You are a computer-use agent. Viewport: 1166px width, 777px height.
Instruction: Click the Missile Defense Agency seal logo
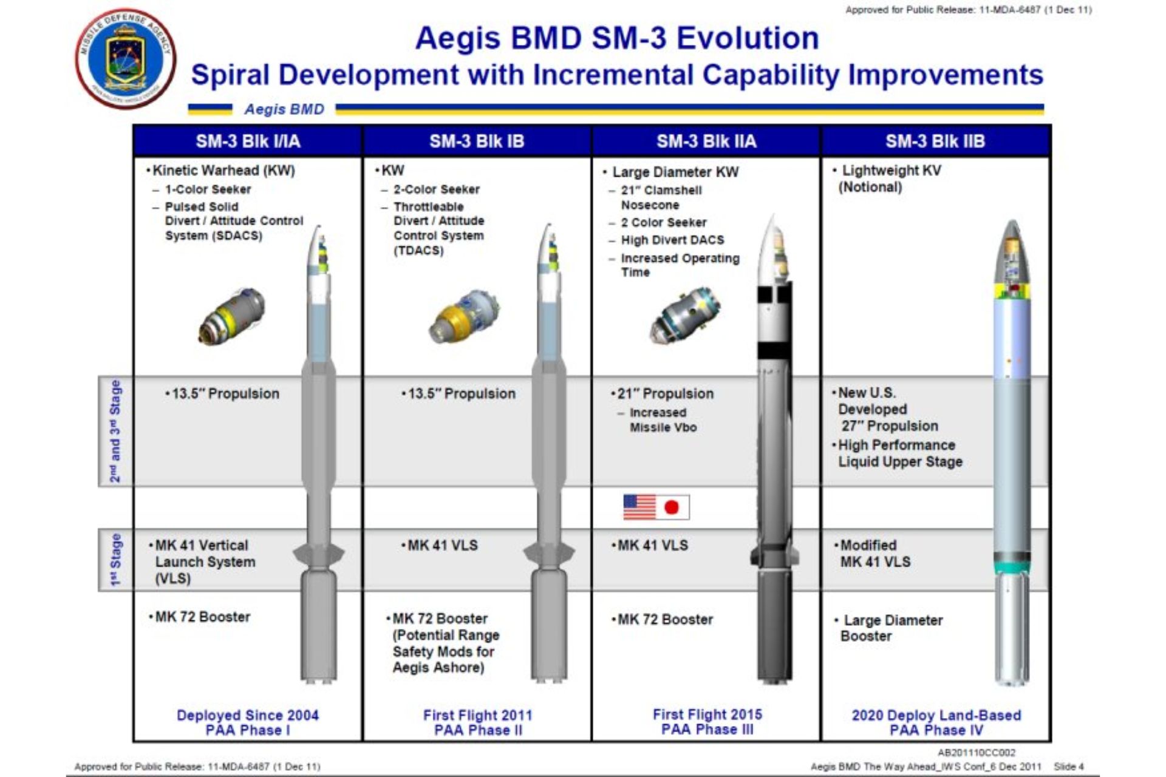(126, 59)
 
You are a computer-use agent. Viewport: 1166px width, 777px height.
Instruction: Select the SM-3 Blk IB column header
(477, 141)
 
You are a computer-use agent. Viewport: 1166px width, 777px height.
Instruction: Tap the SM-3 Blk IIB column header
(935, 141)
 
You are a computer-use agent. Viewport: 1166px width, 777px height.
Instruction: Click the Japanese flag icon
(673, 507)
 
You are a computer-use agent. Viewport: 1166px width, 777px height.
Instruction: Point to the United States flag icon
(639, 507)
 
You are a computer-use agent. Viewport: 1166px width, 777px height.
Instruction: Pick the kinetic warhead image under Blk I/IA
(231, 317)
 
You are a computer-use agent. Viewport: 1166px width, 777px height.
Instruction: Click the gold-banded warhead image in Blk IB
(465, 316)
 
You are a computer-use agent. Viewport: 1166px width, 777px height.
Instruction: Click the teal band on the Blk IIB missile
(1012, 568)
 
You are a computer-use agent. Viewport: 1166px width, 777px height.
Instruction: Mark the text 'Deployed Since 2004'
(248, 715)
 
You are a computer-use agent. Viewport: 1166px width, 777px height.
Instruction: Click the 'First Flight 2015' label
(707, 714)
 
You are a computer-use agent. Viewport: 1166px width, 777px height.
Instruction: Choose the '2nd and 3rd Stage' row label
(115, 432)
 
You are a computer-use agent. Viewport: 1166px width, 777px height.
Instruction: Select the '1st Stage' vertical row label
(115, 560)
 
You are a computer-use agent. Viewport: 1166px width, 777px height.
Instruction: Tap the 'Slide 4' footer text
(1069, 767)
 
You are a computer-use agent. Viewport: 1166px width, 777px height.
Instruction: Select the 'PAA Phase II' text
(478, 730)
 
